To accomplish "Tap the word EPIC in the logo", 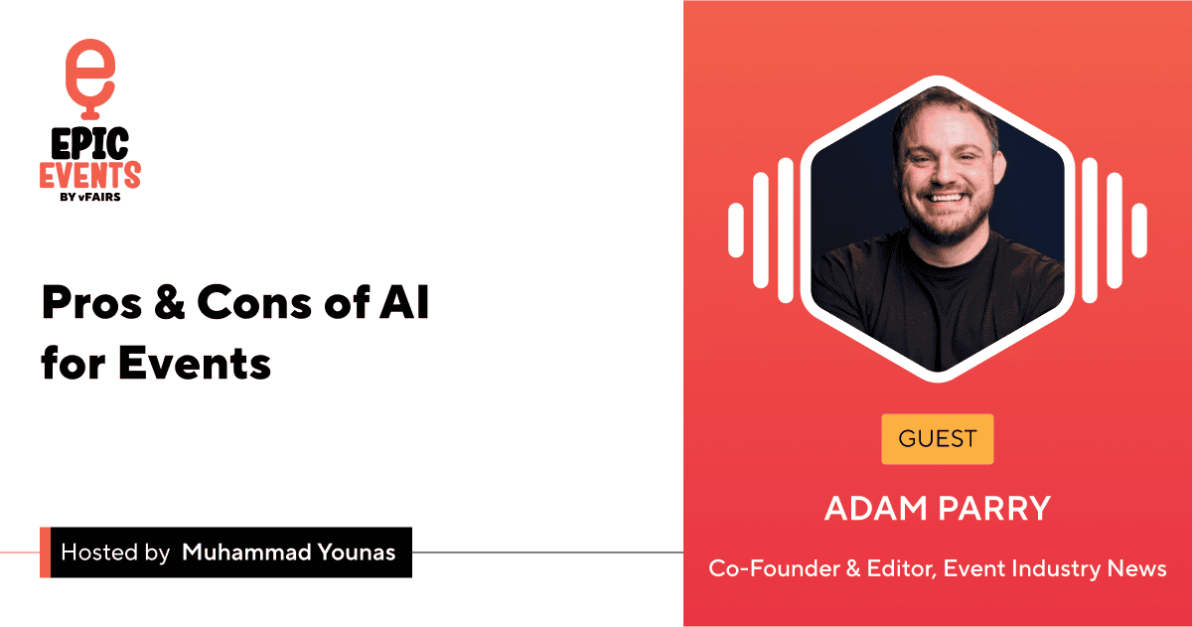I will tap(89, 145).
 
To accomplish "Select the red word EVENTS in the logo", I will tap(89, 176).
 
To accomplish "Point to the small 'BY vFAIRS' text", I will tap(89, 197).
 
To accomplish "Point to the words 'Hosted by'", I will tap(115, 552).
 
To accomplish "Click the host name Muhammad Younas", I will tap(288, 552).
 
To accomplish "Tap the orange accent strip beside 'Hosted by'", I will tap(45, 552).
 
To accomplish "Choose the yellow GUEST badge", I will tap(937, 438).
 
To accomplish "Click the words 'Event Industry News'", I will tap(1055, 568).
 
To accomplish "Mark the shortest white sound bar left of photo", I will tap(736, 230).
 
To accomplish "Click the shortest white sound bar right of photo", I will tap(1139, 230).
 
